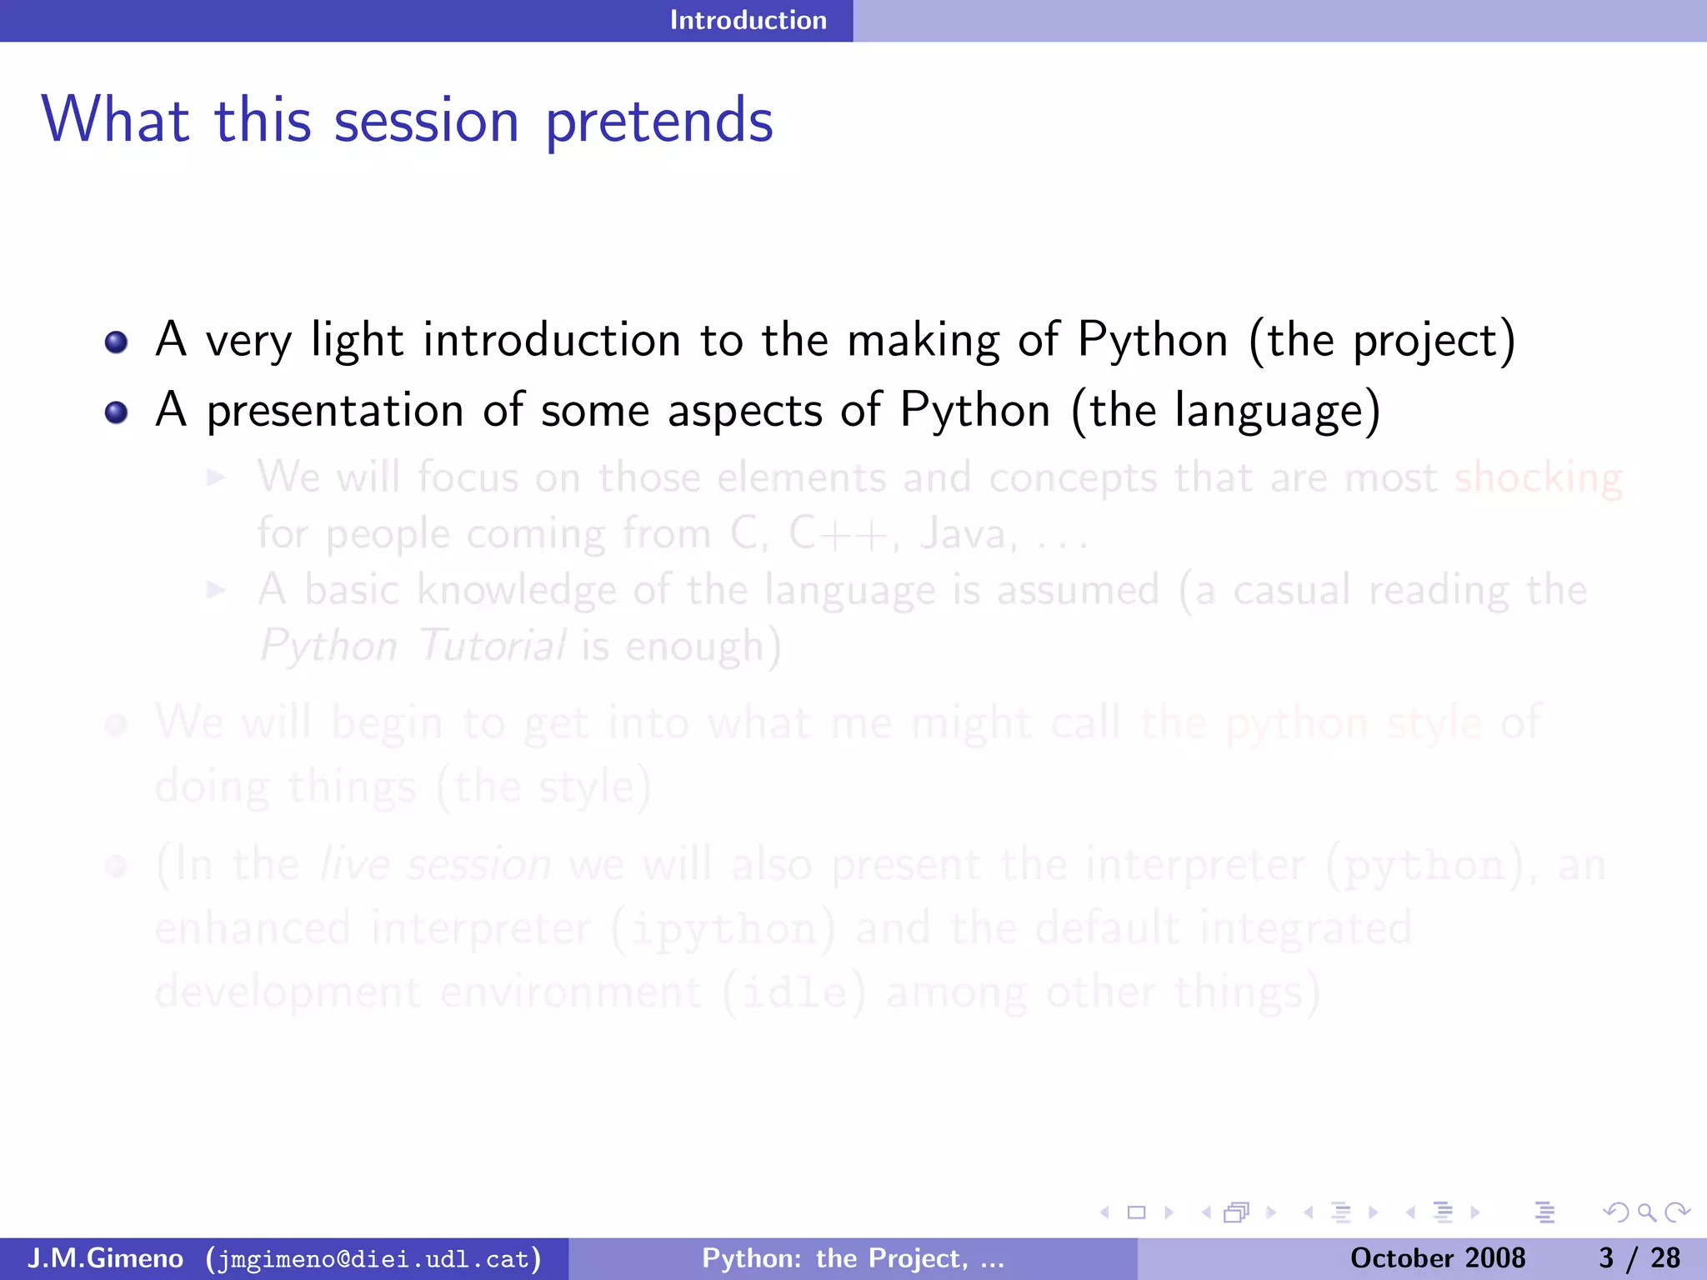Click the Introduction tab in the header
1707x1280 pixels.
coord(748,20)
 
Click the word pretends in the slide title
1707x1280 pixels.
coord(658,121)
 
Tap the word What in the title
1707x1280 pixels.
coord(116,121)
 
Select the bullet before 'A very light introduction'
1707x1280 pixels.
coord(117,342)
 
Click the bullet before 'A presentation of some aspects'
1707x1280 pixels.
coord(117,412)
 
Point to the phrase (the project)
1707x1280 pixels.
coord(1381,340)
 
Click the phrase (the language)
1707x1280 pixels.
coord(1225,411)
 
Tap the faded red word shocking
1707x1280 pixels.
coord(1538,478)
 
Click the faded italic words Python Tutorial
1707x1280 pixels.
coord(413,646)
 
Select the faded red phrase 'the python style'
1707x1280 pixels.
coord(1310,722)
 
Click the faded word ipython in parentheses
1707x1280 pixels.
coord(723,929)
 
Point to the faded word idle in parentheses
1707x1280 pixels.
coord(793,992)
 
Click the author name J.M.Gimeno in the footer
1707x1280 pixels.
coord(106,1258)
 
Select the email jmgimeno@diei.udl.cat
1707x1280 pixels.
coord(373,1258)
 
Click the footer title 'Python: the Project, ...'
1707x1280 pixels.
coord(853,1258)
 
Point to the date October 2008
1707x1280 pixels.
coord(1437,1258)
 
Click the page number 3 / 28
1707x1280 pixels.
coord(1639,1258)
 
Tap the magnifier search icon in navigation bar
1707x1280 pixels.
coord(1646,1212)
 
